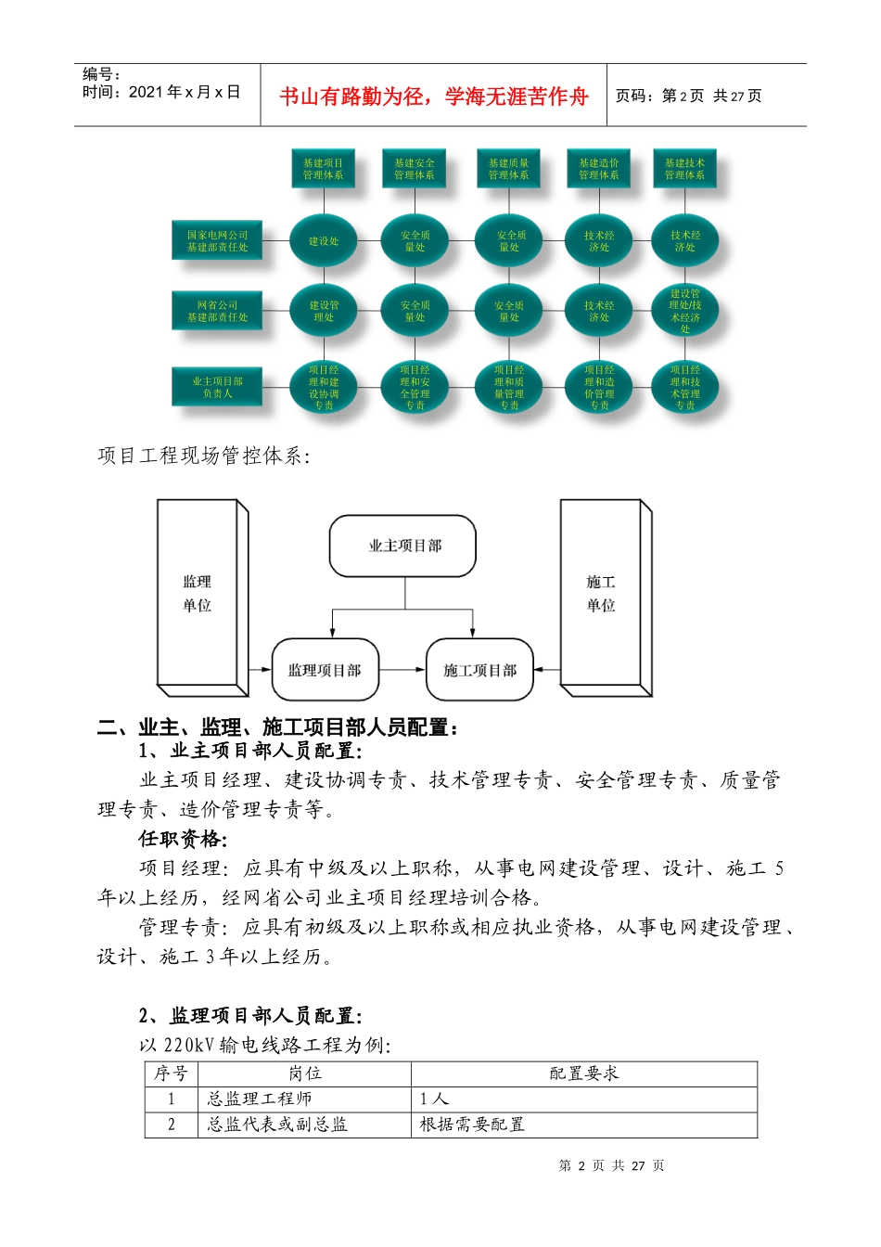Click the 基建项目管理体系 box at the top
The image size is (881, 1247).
click(323, 169)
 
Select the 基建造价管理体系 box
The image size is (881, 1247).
click(599, 169)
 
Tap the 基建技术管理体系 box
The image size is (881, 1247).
click(684, 169)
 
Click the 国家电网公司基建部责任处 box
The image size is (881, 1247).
click(218, 241)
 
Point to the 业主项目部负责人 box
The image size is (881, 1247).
click(218, 387)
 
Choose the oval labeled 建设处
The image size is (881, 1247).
click(324, 241)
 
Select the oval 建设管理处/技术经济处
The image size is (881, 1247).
click(685, 311)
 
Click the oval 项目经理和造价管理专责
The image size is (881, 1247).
click(599, 387)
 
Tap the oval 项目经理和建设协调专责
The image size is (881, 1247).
click(324, 387)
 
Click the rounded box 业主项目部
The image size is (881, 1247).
click(403, 546)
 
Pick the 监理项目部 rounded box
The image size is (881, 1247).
click(325, 670)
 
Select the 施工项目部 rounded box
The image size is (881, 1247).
click(479, 670)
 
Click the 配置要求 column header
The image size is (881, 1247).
click(583, 1073)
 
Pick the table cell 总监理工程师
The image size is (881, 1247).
click(260, 1099)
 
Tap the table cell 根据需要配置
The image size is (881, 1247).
click(472, 1125)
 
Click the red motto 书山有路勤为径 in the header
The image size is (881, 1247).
click(434, 96)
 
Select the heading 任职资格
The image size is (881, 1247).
click(182, 839)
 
